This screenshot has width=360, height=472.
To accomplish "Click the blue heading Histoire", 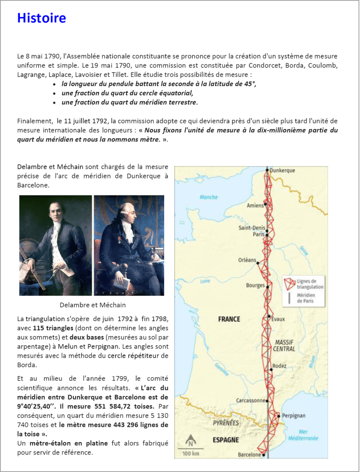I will (x=41, y=18).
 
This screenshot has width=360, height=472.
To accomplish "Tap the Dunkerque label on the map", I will (x=282, y=171).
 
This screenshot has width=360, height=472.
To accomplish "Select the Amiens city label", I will (x=255, y=206).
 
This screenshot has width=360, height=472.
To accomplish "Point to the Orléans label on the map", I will (x=247, y=260).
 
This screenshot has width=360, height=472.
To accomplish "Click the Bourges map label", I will (x=255, y=285).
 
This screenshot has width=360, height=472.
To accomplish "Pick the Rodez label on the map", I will (x=279, y=366).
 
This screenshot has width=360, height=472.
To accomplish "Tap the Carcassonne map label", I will (x=251, y=400).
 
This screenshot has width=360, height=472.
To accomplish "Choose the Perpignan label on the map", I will (x=294, y=415).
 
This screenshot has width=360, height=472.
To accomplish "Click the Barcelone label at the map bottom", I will (x=249, y=454).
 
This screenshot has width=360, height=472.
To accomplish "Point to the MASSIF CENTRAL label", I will (x=284, y=345).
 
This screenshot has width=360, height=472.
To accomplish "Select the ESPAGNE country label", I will (x=226, y=440).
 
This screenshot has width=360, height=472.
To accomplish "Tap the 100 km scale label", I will (x=190, y=454).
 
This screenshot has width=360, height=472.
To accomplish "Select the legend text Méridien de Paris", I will (x=306, y=298).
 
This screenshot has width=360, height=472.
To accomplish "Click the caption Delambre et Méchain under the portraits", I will (x=93, y=305).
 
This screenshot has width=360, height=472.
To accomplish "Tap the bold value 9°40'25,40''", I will (x=36, y=406).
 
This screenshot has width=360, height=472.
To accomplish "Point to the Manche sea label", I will (x=208, y=197).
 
